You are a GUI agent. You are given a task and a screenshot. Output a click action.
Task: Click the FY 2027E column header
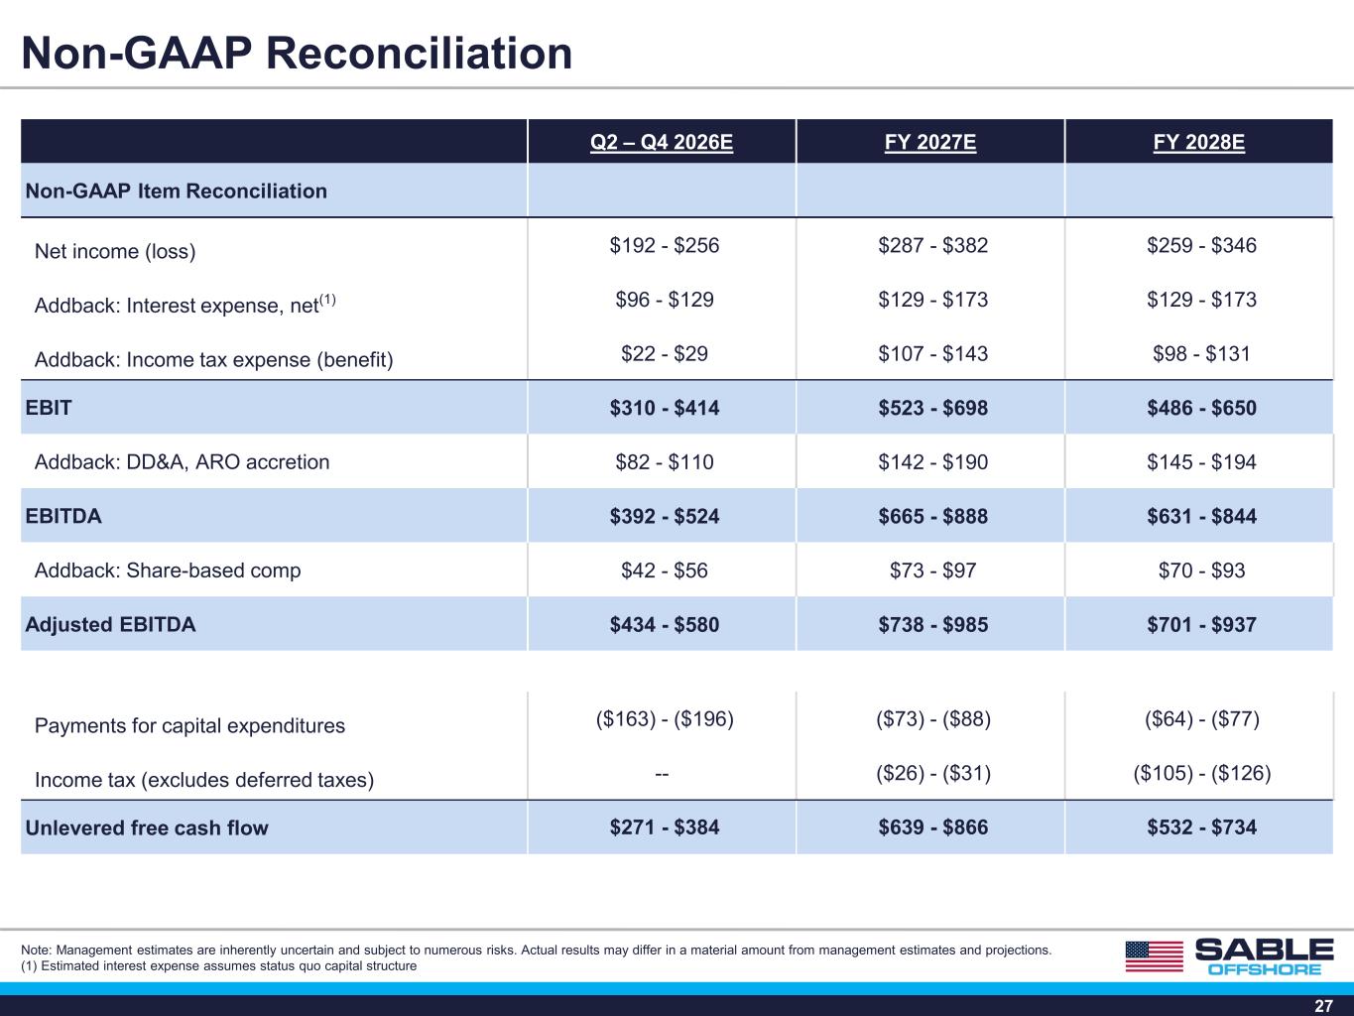(x=930, y=143)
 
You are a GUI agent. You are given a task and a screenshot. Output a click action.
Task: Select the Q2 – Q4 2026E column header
(x=662, y=143)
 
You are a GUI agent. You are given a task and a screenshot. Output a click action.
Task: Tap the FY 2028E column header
(x=1198, y=143)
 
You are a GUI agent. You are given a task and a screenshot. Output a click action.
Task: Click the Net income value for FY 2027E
(x=932, y=245)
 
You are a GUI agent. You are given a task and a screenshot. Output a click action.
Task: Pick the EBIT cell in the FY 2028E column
(x=1201, y=408)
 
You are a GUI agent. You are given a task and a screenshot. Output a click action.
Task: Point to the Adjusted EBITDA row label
(x=110, y=624)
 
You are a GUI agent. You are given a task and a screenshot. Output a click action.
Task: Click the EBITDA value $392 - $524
(x=665, y=516)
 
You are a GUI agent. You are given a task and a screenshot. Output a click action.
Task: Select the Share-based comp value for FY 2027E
(x=932, y=570)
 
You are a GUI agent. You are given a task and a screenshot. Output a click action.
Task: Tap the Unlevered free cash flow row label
(x=147, y=827)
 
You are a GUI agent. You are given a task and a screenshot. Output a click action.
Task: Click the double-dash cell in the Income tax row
(x=662, y=773)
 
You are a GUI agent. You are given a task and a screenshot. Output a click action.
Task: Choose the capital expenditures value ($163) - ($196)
(x=665, y=719)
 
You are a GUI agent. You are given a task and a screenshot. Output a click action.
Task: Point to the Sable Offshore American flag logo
(x=1155, y=956)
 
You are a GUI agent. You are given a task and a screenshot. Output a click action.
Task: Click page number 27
(x=1323, y=1005)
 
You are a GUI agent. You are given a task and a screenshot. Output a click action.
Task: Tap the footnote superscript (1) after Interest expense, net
(x=327, y=300)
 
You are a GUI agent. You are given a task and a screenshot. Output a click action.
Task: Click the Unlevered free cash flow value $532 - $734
(x=1201, y=827)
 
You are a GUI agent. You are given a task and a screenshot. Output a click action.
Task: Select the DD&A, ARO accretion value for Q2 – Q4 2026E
(x=665, y=462)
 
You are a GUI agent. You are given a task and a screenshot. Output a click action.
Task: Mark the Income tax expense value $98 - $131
(x=1201, y=353)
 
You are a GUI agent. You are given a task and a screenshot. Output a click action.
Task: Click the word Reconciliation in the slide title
(x=419, y=53)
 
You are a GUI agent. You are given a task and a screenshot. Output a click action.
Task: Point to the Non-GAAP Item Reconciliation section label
(x=176, y=191)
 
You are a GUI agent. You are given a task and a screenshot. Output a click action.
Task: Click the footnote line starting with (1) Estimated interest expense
(x=219, y=966)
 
